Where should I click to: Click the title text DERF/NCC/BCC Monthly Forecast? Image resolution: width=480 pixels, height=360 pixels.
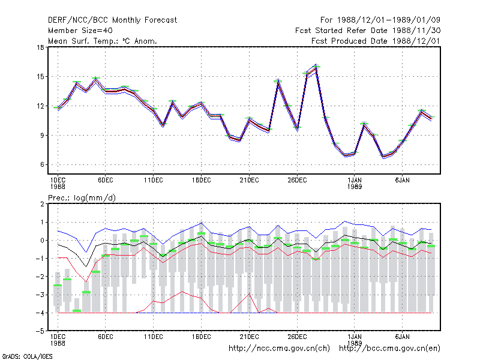coord(112,20)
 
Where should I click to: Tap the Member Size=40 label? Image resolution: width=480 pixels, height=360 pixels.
coord(80,31)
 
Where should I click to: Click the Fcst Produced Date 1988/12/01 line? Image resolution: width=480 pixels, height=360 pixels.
coord(376,41)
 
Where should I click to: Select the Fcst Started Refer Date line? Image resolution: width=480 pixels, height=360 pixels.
coord(368,31)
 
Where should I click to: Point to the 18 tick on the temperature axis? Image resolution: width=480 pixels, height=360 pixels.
coord(40,47)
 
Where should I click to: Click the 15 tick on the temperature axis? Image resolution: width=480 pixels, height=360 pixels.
coord(40,77)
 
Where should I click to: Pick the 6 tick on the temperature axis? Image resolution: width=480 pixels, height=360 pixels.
coord(42,164)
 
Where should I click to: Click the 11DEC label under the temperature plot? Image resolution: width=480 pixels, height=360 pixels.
coord(154,181)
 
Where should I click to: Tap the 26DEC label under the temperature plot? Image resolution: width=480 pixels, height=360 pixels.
coord(297,181)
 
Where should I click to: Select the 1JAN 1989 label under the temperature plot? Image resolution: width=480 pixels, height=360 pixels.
coord(355,183)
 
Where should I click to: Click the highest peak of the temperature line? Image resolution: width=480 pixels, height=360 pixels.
coord(316,67)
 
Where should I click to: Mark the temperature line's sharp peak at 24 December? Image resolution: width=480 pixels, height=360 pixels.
coord(278,82)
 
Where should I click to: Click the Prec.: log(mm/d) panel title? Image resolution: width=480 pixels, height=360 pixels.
coord(82,198)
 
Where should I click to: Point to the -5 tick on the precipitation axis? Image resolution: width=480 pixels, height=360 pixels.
coord(40,331)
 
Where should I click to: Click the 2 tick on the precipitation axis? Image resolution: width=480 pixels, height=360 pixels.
coord(42,204)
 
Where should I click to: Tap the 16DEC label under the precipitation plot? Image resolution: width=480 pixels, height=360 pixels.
coord(201,337)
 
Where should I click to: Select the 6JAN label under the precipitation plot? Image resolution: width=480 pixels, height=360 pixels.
coord(402,337)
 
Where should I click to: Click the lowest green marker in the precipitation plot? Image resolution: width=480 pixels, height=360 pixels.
coord(77,311)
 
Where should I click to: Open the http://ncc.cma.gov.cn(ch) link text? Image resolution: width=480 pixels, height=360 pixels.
coord(279,349)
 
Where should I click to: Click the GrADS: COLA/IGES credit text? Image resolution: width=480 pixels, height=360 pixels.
coord(27,356)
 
